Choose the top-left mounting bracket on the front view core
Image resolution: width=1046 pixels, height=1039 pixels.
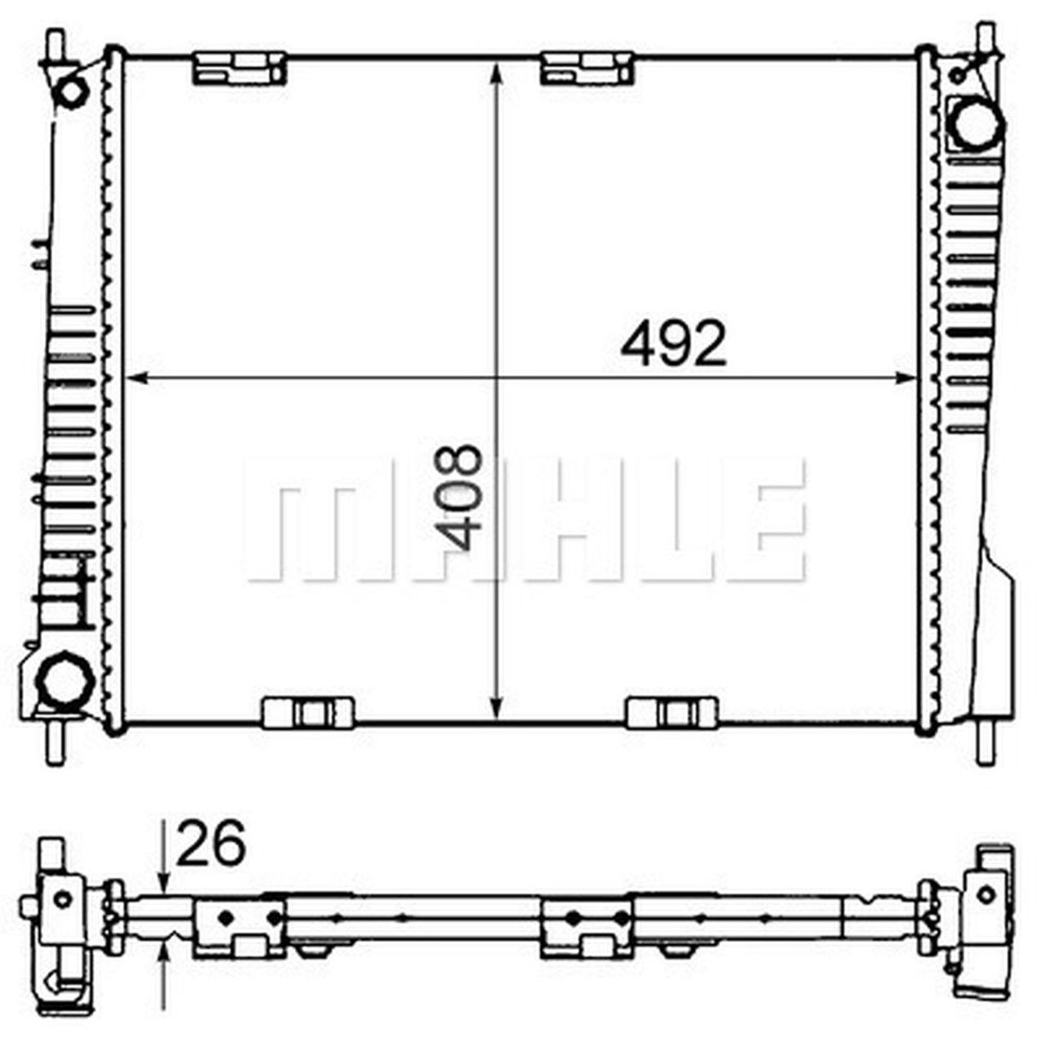[x=240, y=69]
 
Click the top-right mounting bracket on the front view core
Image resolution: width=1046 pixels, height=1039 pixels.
[x=588, y=69]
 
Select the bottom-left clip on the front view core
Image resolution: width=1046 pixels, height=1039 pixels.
[x=308, y=712]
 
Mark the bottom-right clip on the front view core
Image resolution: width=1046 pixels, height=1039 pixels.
[x=671, y=712]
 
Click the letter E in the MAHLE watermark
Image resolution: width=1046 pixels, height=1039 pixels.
[x=768, y=520]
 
